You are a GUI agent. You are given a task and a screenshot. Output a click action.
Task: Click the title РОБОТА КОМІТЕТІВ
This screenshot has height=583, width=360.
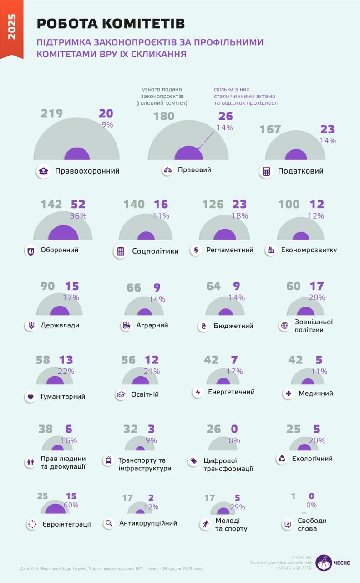(111, 24)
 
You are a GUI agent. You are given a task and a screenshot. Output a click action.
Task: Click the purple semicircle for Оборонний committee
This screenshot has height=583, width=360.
(63, 233)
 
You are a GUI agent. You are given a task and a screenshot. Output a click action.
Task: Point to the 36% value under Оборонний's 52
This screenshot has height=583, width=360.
(78, 216)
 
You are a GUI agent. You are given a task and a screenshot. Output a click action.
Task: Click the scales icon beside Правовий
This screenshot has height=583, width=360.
(167, 170)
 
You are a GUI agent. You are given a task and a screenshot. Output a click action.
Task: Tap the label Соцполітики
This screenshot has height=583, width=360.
(155, 251)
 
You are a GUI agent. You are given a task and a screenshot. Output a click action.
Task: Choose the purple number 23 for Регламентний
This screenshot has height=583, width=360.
(239, 205)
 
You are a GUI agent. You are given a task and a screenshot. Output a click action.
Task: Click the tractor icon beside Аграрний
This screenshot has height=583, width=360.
(126, 325)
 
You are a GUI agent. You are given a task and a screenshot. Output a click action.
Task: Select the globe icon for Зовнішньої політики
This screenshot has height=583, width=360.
(285, 326)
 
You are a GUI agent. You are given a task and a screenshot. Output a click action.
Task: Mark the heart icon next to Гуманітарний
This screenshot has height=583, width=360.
(30, 397)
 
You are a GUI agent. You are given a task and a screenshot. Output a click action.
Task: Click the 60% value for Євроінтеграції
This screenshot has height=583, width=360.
(71, 505)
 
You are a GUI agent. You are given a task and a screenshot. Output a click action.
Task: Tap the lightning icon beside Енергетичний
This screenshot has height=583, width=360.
(198, 392)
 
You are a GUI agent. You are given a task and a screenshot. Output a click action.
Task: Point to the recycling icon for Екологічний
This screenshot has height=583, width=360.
(282, 459)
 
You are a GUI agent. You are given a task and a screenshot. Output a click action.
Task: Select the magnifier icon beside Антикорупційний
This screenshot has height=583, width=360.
(109, 523)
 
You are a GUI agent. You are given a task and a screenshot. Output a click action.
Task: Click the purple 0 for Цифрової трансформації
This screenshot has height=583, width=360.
(235, 429)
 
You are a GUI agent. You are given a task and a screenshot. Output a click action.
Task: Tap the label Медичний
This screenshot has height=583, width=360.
(316, 393)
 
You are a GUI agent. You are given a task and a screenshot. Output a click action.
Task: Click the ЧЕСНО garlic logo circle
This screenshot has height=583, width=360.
(325, 563)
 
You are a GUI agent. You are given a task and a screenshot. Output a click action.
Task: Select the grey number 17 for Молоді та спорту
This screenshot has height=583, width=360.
(209, 498)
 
